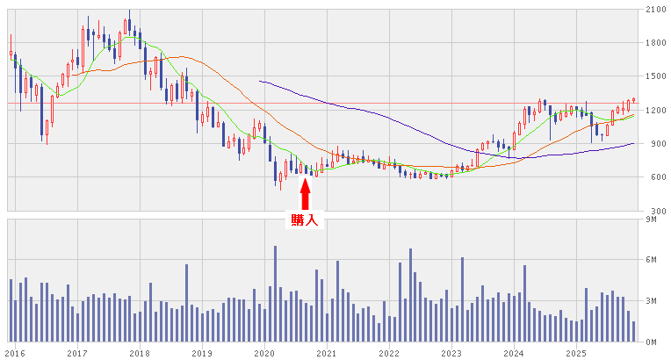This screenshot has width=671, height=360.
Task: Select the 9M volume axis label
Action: pyautogui.click(x=651, y=220)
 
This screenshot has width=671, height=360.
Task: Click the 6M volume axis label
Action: pyautogui.click(x=651, y=260)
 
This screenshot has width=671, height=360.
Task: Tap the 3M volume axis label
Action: pyautogui.click(x=651, y=301)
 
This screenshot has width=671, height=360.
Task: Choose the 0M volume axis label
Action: pyautogui.click(x=651, y=342)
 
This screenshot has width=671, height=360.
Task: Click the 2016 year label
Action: pyautogui.click(x=14, y=353)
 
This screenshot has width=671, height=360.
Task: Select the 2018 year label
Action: pyautogui.click(x=139, y=353)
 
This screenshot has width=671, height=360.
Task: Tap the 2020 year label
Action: pyautogui.click(x=264, y=353)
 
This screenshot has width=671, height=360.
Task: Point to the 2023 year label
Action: pyautogui.click(x=451, y=353)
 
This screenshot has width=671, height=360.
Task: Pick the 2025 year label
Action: pyautogui.click(x=576, y=353)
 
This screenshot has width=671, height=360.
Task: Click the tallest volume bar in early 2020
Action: pyautogui.click(x=275, y=294)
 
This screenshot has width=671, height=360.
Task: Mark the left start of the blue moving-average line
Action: pyautogui.click(x=260, y=81)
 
